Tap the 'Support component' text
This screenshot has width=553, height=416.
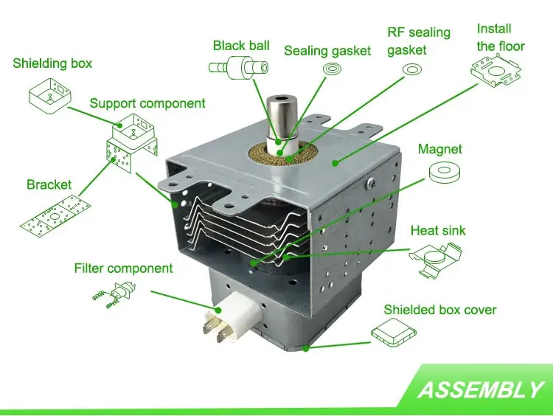(x=147, y=103)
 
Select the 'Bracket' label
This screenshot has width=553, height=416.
(x=49, y=184)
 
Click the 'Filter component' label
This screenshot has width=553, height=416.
(x=123, y=268)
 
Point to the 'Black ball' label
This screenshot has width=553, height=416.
(x=241, y=46)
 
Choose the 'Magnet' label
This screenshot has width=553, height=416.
(x=440, y=149)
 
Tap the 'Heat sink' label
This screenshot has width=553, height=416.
(x=438, y=231)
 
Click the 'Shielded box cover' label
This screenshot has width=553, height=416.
(x=439, y=310)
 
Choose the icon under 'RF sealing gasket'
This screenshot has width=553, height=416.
(x=411, y=71)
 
